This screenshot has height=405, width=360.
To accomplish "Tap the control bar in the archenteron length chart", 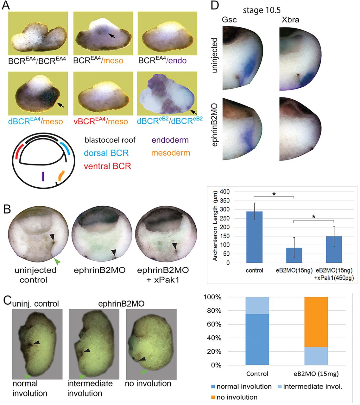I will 254,237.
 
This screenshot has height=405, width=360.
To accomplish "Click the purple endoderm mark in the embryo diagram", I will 42,176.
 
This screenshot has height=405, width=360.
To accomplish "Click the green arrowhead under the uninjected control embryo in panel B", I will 57,261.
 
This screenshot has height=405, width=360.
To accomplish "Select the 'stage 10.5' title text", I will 262,10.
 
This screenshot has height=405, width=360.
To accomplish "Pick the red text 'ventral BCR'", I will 107,166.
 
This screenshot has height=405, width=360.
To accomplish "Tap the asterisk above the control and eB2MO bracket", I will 274,194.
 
